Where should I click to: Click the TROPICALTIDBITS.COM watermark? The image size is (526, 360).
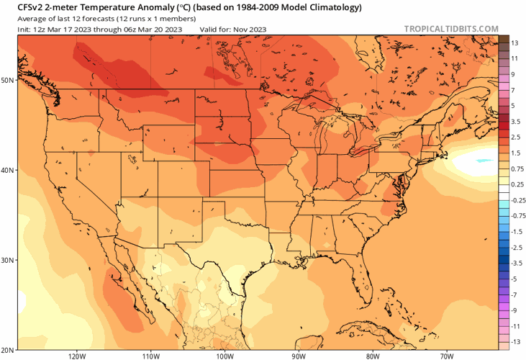(x=451, y=29)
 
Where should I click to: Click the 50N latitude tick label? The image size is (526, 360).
(x=9, y=80)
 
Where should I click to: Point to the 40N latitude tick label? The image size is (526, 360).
(x=9, y=171)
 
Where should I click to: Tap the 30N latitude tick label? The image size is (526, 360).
(x=9, y=260)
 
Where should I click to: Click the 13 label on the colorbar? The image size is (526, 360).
(x=515, y=43)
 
